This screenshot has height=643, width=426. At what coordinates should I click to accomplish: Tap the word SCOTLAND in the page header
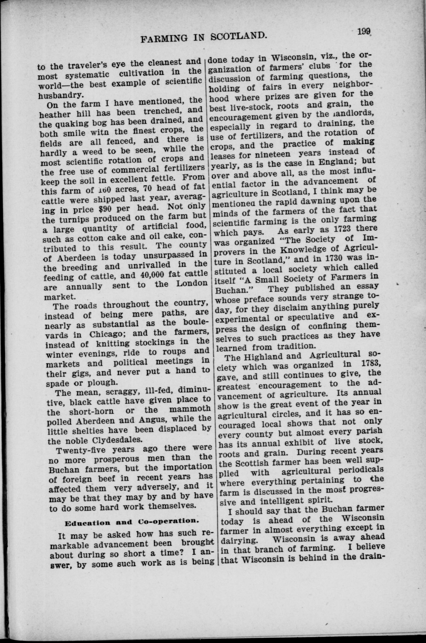[237, 37]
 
